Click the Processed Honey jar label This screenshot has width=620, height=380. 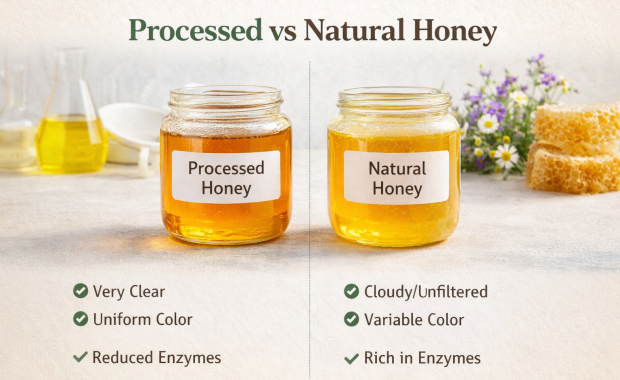click(x=225, y=177)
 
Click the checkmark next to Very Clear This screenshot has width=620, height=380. click(x=80, y=291)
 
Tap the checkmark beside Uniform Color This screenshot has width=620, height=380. click(x=80, y=319)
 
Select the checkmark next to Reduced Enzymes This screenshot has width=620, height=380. click(x=80, y=357)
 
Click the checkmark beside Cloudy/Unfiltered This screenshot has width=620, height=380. click(x=351, y=291)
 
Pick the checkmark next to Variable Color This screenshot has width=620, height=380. click(x=351, y=319)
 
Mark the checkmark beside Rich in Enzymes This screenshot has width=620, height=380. click(x=351, y=358)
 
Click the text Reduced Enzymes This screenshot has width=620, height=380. click(x=157, y=357)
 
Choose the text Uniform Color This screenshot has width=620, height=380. click(x=143, y=320)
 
